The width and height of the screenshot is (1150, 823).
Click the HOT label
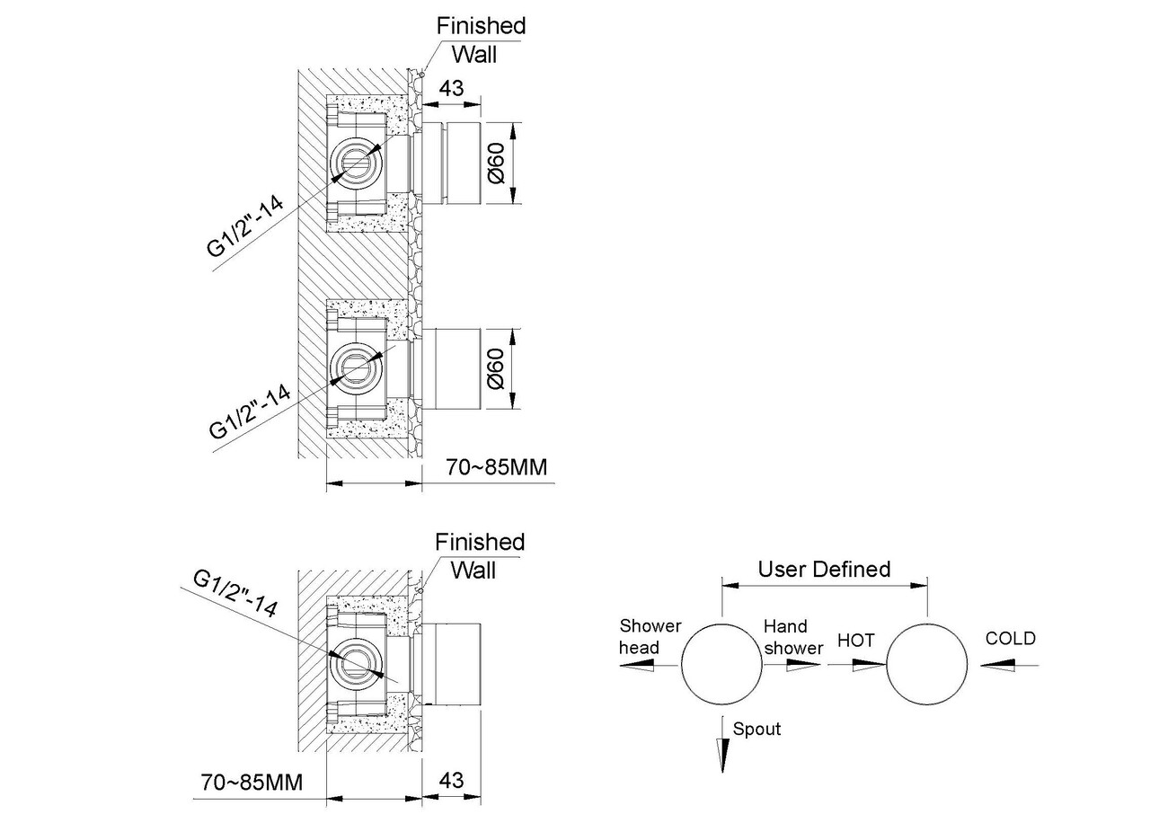855,641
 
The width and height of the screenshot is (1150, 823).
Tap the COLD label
1011,638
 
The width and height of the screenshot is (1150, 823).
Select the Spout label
756,729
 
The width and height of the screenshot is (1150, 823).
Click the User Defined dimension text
824,570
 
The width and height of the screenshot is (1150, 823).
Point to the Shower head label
650,637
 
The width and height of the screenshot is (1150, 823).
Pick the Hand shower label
793,637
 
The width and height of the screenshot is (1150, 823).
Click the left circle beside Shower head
721,624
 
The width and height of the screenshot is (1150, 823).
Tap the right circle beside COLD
926,624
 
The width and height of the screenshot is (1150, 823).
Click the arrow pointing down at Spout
722,745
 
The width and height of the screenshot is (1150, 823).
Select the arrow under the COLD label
1009,666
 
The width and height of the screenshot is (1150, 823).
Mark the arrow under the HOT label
857,666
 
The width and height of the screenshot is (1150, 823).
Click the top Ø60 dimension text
497,164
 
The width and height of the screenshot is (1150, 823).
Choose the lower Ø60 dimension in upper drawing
497,368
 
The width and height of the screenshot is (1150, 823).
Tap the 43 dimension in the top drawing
452,88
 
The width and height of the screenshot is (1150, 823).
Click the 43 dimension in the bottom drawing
452,781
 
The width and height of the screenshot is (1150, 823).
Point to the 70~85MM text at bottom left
252,783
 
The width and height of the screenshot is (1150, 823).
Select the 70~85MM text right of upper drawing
497,467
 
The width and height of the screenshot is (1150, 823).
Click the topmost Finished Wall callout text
481,40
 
